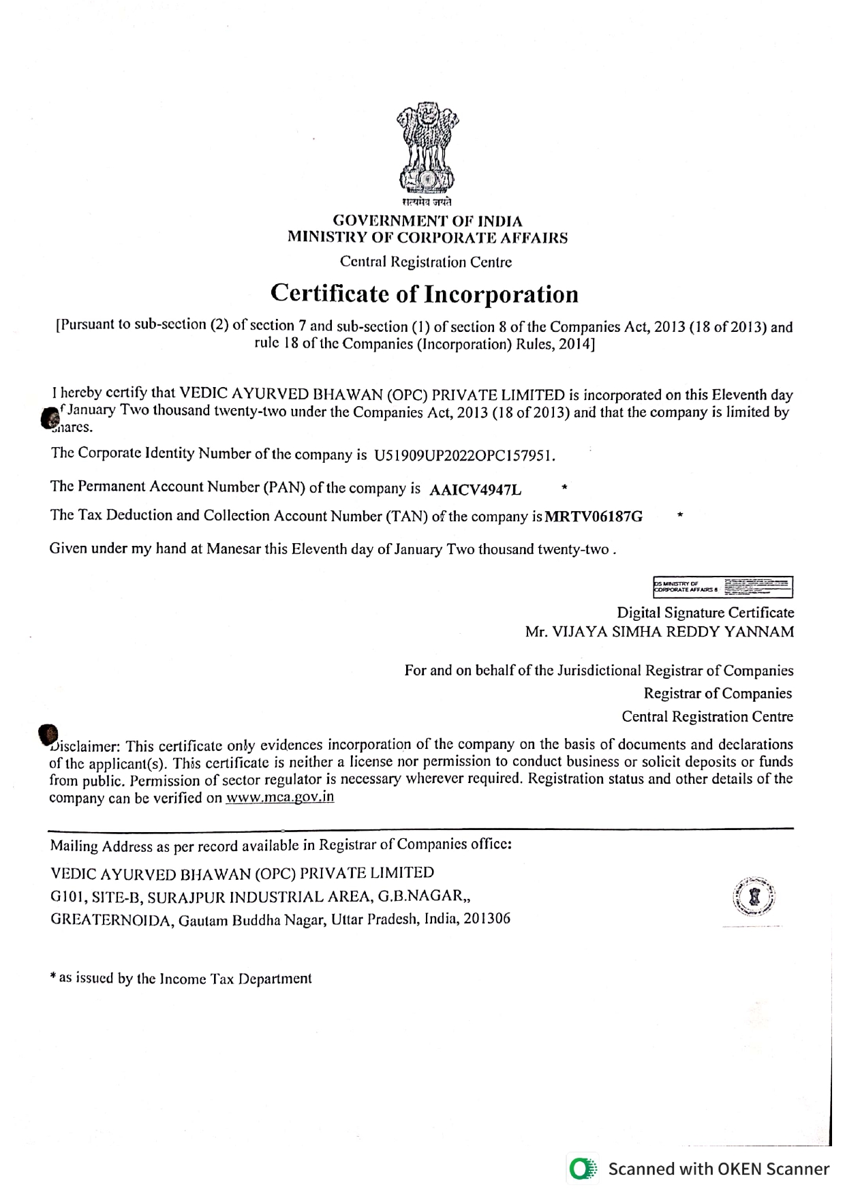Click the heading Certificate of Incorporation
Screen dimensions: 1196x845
424,294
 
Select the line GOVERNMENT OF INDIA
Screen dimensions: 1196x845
427,221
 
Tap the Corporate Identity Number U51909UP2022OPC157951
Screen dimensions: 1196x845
465,455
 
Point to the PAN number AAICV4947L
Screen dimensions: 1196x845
476,489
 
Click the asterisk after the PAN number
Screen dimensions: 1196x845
564,487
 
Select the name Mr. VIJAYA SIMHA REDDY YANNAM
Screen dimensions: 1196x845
659,632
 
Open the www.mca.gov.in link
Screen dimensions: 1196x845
279,797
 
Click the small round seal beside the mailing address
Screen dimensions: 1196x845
754,895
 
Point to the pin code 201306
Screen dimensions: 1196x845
487,919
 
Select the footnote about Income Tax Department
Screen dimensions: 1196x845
181,979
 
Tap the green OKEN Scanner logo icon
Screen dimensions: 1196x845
583,1169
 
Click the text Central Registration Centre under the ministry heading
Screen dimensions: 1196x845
426,262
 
